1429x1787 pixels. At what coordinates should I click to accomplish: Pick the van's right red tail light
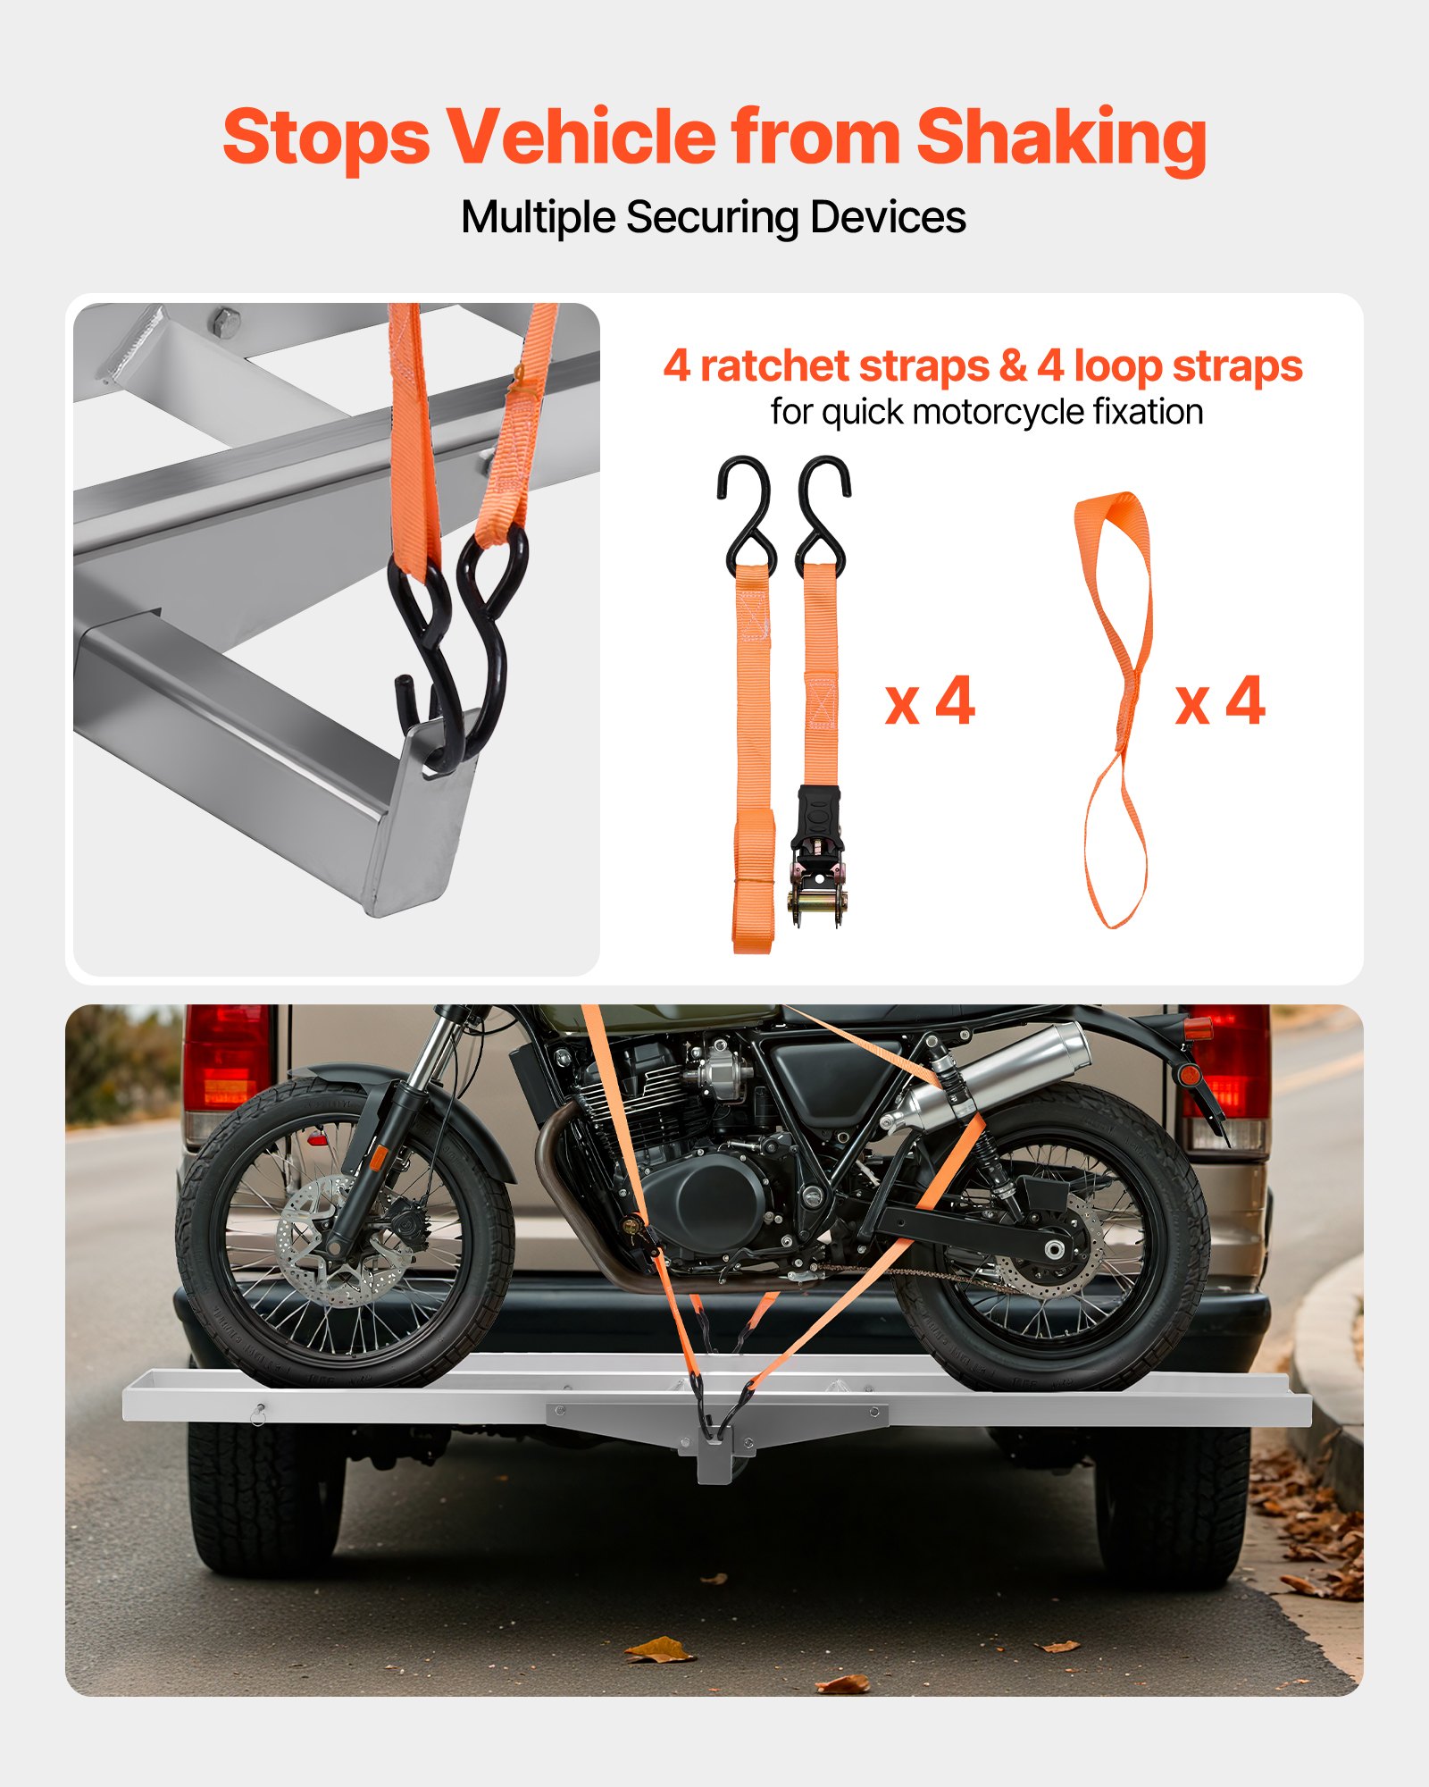(x=1228, y=1063)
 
